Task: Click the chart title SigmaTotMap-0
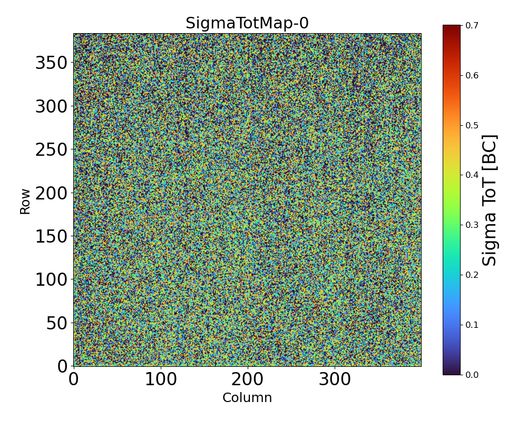247,24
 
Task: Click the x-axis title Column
247,398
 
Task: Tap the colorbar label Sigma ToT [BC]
490,200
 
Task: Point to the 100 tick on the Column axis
161,379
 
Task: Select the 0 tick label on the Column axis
74,379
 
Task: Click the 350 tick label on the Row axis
51,63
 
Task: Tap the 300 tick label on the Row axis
51,107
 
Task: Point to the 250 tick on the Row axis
51,150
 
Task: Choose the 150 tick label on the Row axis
51,237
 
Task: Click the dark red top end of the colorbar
452,27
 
